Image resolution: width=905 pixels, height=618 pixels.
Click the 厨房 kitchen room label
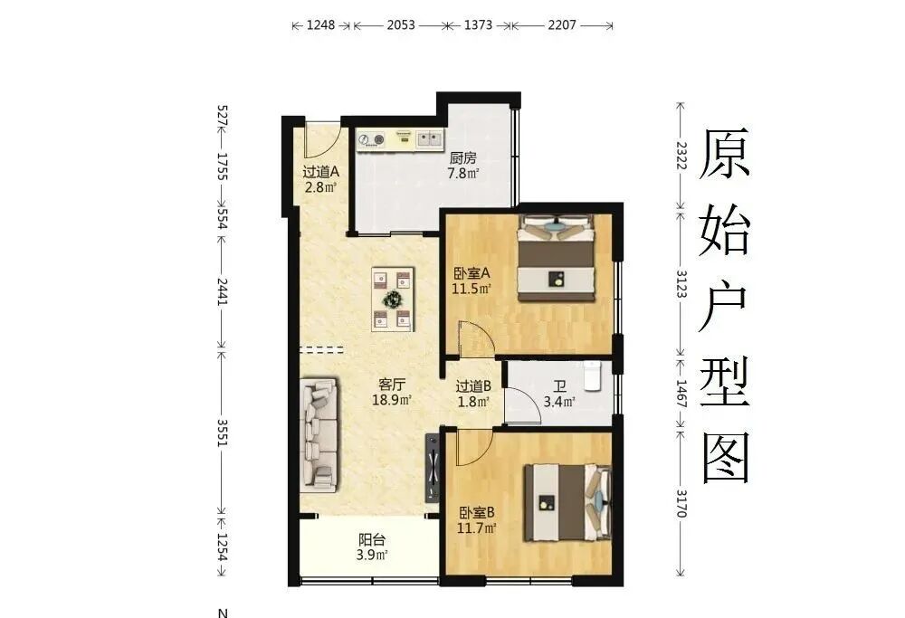(463, 156)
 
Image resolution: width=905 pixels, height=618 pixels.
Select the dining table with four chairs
(393, 299)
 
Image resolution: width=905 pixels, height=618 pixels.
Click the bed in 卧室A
(556, 258)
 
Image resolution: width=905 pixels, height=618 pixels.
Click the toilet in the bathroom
(593, 376)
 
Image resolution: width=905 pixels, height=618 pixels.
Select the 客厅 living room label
(394, 382)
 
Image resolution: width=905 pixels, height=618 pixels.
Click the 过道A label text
(319, 171)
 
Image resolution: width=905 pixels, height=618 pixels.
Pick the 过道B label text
(472, 385)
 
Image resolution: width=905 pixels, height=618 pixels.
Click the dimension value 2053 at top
(401, 25)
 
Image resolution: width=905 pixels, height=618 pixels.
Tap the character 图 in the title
(726, 457)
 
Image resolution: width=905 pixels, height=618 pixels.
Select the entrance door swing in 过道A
(320, 138)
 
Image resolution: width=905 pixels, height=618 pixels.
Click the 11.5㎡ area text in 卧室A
(471, 290)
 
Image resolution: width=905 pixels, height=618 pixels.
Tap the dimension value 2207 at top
(562, 25)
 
